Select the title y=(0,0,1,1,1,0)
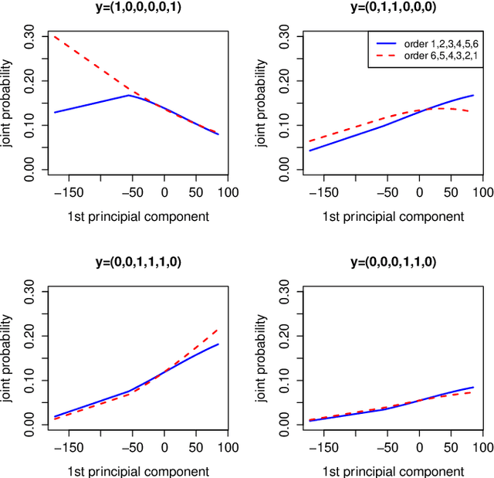[x=137, y=262]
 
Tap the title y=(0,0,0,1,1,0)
[x=394, y=262]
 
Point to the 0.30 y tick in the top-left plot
[x=32, y=36]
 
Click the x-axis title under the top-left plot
[x=137, y=216]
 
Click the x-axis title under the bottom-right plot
[x=394, y=470]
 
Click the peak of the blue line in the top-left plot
[x=128, y=95]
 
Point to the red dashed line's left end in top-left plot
[x=54, y=36]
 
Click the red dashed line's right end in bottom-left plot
[x=218, y=330]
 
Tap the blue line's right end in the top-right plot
[x=473, y=96]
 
